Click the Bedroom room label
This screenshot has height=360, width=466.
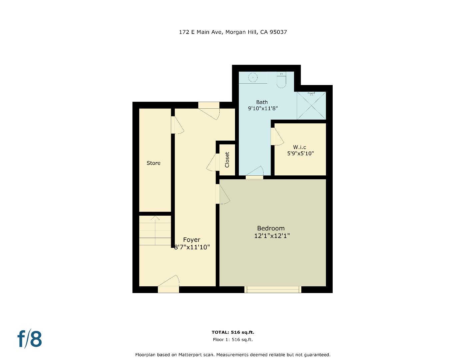(271, 228)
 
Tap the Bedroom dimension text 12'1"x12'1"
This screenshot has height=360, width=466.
(272, 236)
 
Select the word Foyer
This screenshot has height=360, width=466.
(192, 240)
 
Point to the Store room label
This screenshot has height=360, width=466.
(153, 163)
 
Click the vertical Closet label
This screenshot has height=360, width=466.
(227, 160)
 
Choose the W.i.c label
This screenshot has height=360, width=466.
(299, 147)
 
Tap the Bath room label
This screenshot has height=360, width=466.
(262, 102)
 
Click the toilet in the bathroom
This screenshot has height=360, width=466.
(281, 80)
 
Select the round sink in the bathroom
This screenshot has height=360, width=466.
(253, 78)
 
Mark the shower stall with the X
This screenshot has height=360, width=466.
(311, 105)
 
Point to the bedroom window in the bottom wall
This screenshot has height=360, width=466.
(273, 289)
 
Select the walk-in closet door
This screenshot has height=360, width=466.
(276, 136)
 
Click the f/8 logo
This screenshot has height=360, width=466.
(30, 339)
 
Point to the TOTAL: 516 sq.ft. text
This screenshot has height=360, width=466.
(233, 332)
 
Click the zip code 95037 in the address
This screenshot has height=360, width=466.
(278, 32)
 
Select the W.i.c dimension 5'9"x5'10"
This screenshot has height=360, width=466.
(300, 154)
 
